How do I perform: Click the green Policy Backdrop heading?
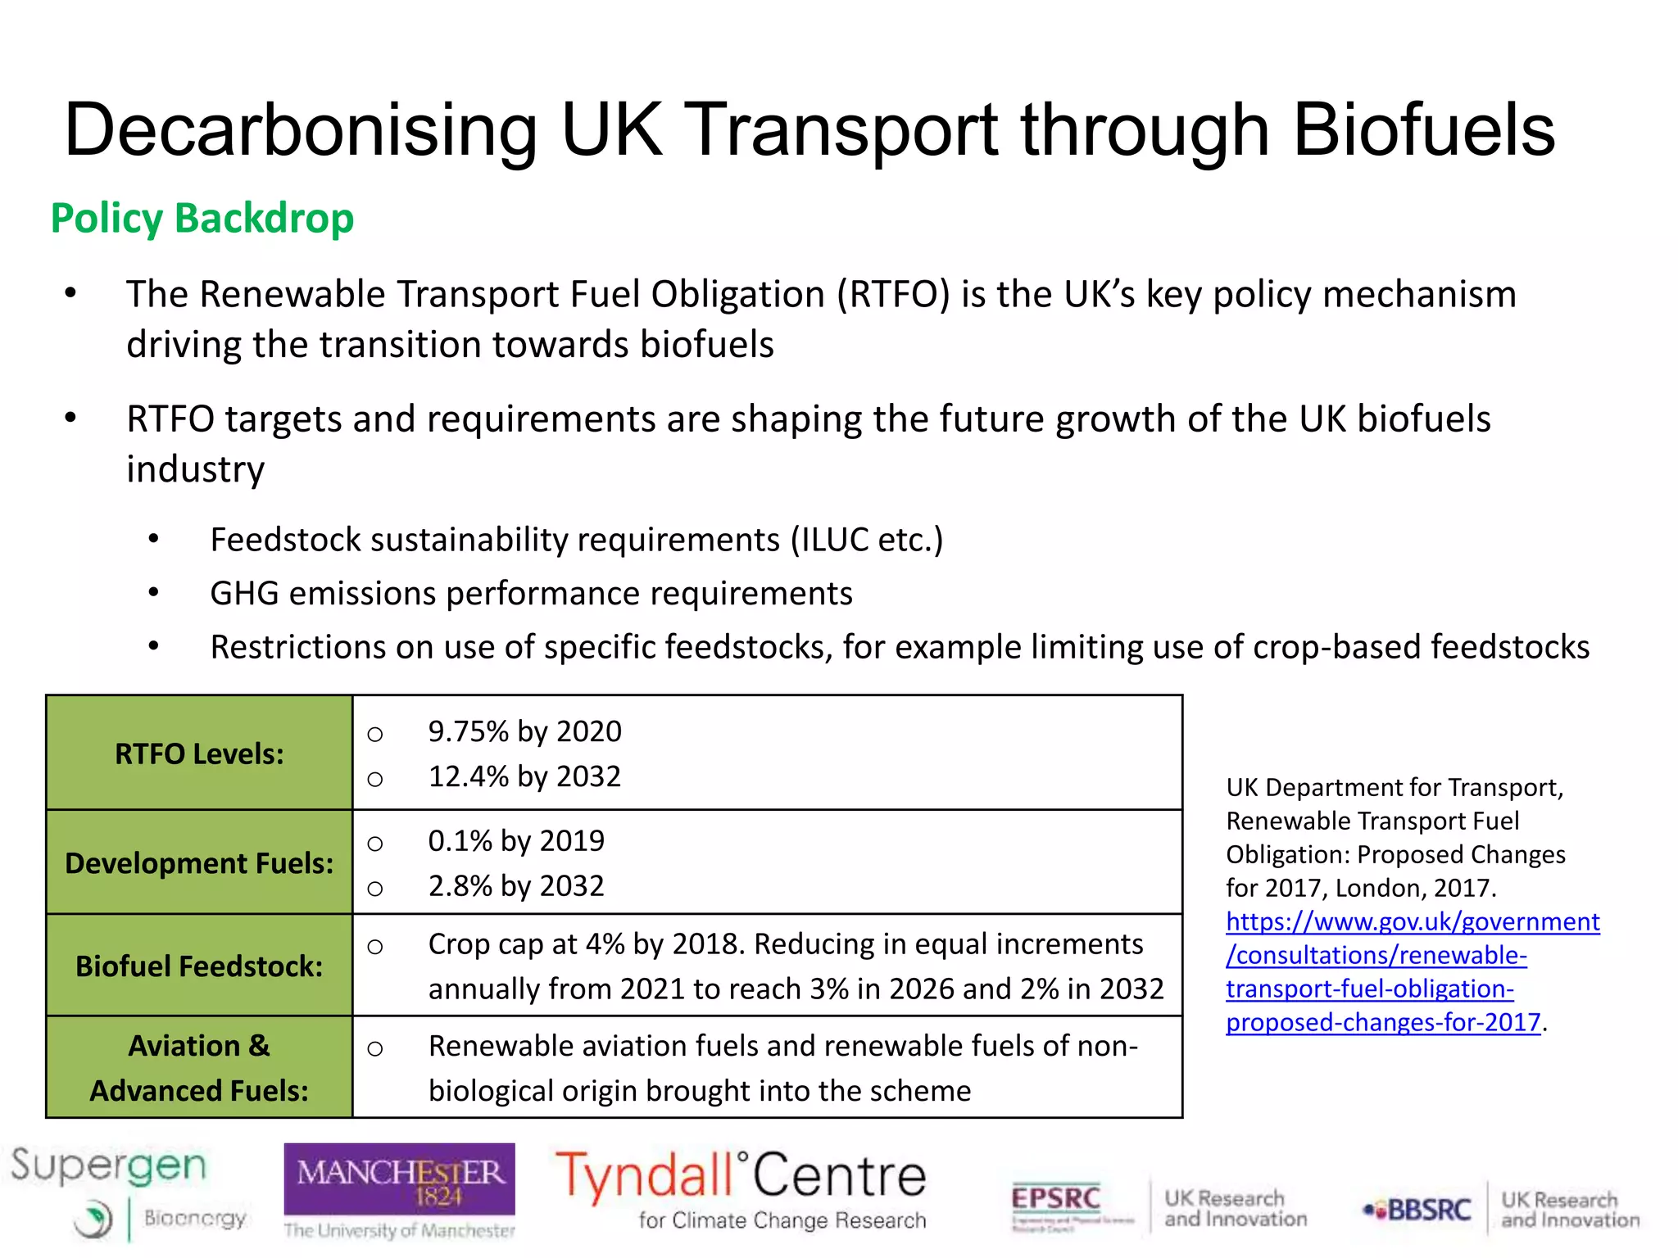click(202, 219)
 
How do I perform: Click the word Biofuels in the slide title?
click(1424, 131)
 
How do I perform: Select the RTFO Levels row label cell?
click(199, 753)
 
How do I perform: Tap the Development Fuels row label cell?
click(199, 863)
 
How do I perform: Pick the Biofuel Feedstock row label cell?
click(199, 966)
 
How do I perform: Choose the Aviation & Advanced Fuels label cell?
click(199, 1068)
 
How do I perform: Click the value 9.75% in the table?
click(469, 731)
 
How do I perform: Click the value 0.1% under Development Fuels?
click(460, 841)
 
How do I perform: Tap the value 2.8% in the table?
click(460, 886)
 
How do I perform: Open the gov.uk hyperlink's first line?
click(1413, 922)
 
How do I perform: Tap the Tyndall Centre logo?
click(741, 1188)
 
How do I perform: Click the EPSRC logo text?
click(1055, 1199)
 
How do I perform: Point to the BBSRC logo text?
click(1429, 1210)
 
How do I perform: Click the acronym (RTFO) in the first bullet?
click(893, 295)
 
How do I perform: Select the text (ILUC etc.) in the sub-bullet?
click(867, 541)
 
